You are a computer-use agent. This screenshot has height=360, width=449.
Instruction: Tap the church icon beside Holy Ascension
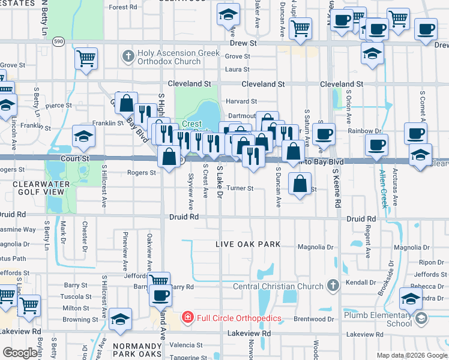pyautogui.click(x=127, y=57)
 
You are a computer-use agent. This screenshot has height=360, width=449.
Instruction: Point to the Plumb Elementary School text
pyautogui.click(x=378, y=319)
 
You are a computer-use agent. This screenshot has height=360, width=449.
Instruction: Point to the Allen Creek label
pyautogui.click(x=384, y=188)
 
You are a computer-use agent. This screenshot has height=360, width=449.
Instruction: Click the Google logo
pyautogui.click(x=20, y=353)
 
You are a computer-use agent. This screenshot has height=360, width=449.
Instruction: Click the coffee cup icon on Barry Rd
pyautogui.click(x=161, y=295)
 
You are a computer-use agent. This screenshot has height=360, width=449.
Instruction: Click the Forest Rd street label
pyautogui.click(x=124, y=7)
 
